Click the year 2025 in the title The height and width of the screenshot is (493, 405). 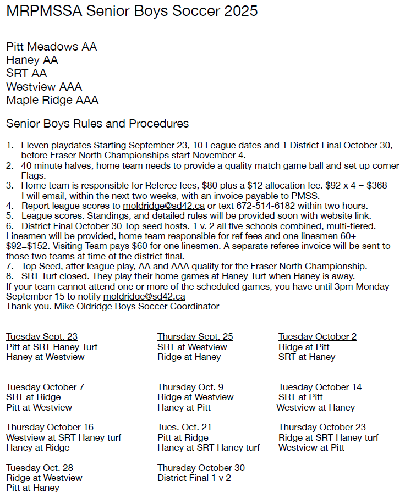(x=239, y=11)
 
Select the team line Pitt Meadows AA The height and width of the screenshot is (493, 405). (x=52, y=47)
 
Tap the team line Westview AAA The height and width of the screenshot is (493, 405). (x=44, y=87)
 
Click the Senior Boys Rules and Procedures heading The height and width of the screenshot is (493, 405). (x=97, y=124)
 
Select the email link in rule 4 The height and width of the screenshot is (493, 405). (x=163, y=206)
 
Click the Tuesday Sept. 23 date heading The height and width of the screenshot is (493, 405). (x=42, y=337)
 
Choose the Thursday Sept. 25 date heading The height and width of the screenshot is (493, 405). (x=195, y=337)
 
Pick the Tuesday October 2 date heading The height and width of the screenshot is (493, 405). (x=318, y=337)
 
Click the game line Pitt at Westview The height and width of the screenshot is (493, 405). (x=39, y=407)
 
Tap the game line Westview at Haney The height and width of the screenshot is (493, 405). (x=315, y=407)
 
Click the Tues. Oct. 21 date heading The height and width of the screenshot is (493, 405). (x=184, y=427)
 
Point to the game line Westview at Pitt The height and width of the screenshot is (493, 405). (x=311, y=447)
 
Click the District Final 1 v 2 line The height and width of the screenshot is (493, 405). (x=194, y=478)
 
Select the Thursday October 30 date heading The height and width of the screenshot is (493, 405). (x=201, y=468)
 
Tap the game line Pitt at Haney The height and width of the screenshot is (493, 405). (x=32, y=488)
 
